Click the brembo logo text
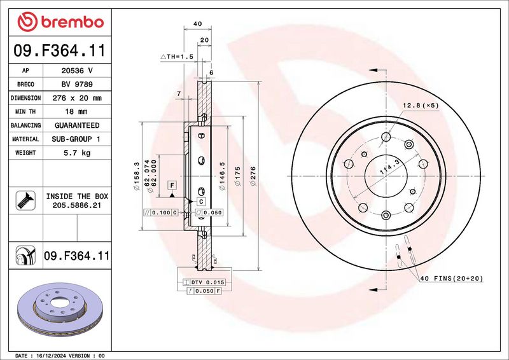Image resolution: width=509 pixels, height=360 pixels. (73, 22)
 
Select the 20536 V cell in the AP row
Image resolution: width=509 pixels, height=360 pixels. (77, 71)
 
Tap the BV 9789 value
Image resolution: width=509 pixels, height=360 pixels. (77, 85)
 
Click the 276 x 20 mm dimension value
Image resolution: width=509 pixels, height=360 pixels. (77, 98)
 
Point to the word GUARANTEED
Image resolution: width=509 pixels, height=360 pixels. (77, 125)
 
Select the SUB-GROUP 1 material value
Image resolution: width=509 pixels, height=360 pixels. (76, 139)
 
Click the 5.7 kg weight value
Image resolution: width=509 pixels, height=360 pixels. (77, 153)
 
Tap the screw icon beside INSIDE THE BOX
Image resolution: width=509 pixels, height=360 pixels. (25, 200)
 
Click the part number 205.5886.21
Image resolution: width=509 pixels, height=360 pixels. (77, 205)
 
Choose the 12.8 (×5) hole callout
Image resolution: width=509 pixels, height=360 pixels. (421, 105)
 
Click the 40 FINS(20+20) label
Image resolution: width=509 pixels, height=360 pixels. (452, 278)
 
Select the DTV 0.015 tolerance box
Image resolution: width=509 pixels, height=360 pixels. (204, 282)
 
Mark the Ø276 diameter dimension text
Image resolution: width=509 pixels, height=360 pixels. (253, 176)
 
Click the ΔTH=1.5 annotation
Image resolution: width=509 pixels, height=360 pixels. (177, 57)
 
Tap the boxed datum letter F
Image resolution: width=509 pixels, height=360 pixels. (172, 185)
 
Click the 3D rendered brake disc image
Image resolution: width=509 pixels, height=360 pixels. (60, 310)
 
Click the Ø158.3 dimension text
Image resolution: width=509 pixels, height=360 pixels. (136, 176)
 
